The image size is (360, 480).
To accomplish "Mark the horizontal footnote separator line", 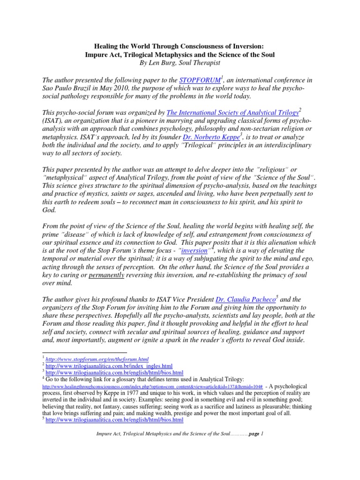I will pyautogui.click(x=84, y=352).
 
